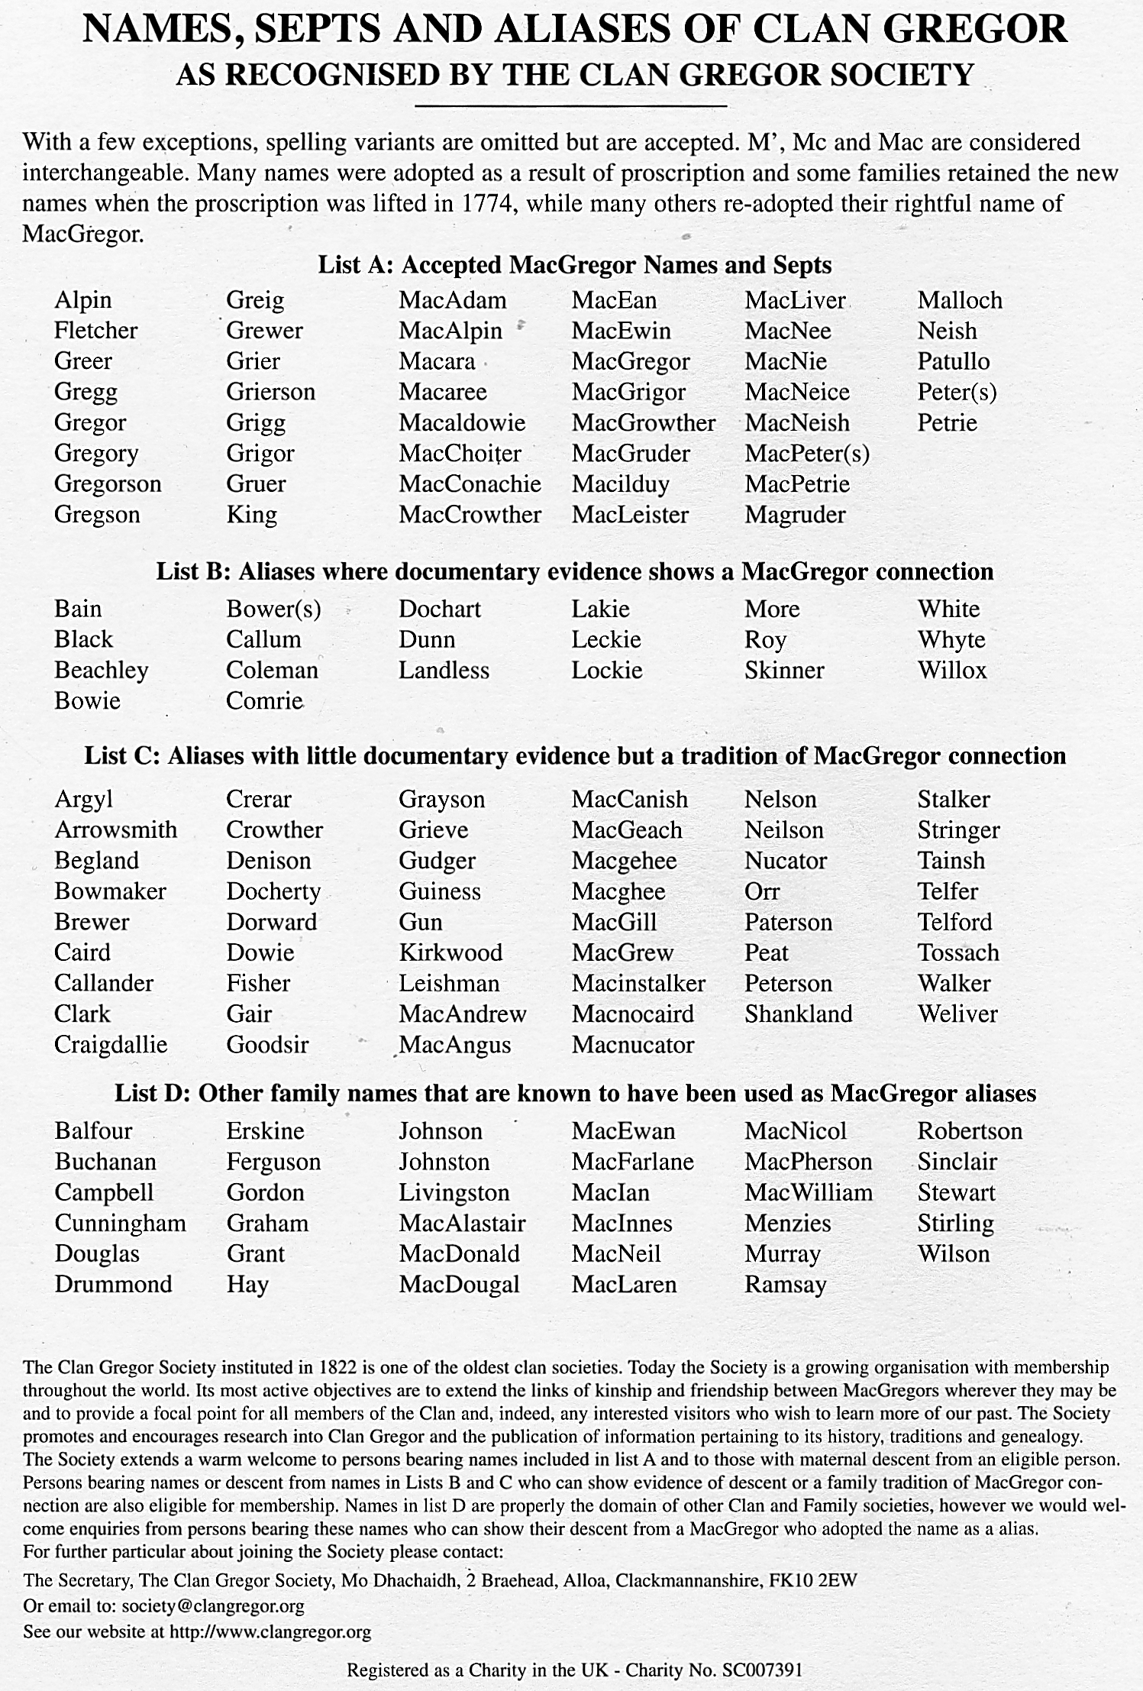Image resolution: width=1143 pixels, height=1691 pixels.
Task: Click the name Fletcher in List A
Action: (x=95, y=331)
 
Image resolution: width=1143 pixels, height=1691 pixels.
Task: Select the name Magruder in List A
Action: (x=795, y=515)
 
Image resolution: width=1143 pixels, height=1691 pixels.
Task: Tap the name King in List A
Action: (x=251, y=515)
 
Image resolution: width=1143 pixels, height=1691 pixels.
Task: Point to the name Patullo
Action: (x=953, y=361)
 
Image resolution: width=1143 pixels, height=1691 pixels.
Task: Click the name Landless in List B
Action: (x=444, y=671)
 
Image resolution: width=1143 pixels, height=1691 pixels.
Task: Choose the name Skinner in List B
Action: (x=784, y=671)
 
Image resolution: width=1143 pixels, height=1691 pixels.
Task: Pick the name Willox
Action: (x=951, y=671)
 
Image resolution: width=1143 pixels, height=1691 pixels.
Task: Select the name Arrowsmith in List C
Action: (x=115, y=830)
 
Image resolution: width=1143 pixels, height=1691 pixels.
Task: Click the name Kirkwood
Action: (x=450, y=952)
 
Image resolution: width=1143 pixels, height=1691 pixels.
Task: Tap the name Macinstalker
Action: (x=638, y=983)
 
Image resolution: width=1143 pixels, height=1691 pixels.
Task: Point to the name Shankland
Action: (x=798, y=1014)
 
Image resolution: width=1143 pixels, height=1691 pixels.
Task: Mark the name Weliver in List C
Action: (x=957, y=1014)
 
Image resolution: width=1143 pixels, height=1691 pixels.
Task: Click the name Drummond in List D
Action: (x=113, y=1285)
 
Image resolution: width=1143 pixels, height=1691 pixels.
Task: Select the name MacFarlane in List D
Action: (x=632, y=1162)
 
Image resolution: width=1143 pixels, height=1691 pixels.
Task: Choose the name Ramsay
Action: (x=785, y=1285)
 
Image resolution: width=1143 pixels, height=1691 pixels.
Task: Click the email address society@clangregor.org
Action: (x=213, y=1605)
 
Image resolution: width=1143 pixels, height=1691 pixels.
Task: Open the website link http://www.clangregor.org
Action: (x=270, y=1632)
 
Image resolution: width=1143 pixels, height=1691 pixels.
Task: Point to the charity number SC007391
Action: (x=762, y=1670)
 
